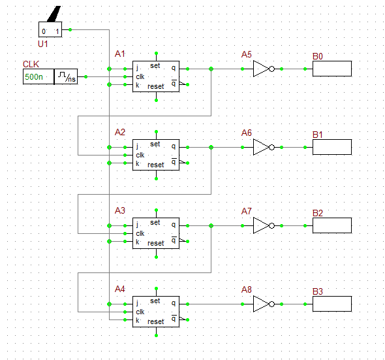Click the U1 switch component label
coord(43,43)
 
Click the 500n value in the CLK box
coord(34,77)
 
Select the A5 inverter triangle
coord(261,69)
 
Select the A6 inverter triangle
coord(261,147)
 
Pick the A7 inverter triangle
coord(261,225)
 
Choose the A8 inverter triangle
coord(261,304)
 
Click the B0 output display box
coord(331,69)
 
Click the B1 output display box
coord(331,147)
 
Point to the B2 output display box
coord(331,225)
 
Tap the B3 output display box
coord(331,304)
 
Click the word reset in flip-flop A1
coord(156,86)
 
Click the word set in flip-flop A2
coord(155,144)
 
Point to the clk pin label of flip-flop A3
coord(140,233)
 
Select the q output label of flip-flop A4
coord(174,303)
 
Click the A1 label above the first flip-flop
coord(120,54)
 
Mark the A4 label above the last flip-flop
coord(120,289)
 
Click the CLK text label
coord(31,64)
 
